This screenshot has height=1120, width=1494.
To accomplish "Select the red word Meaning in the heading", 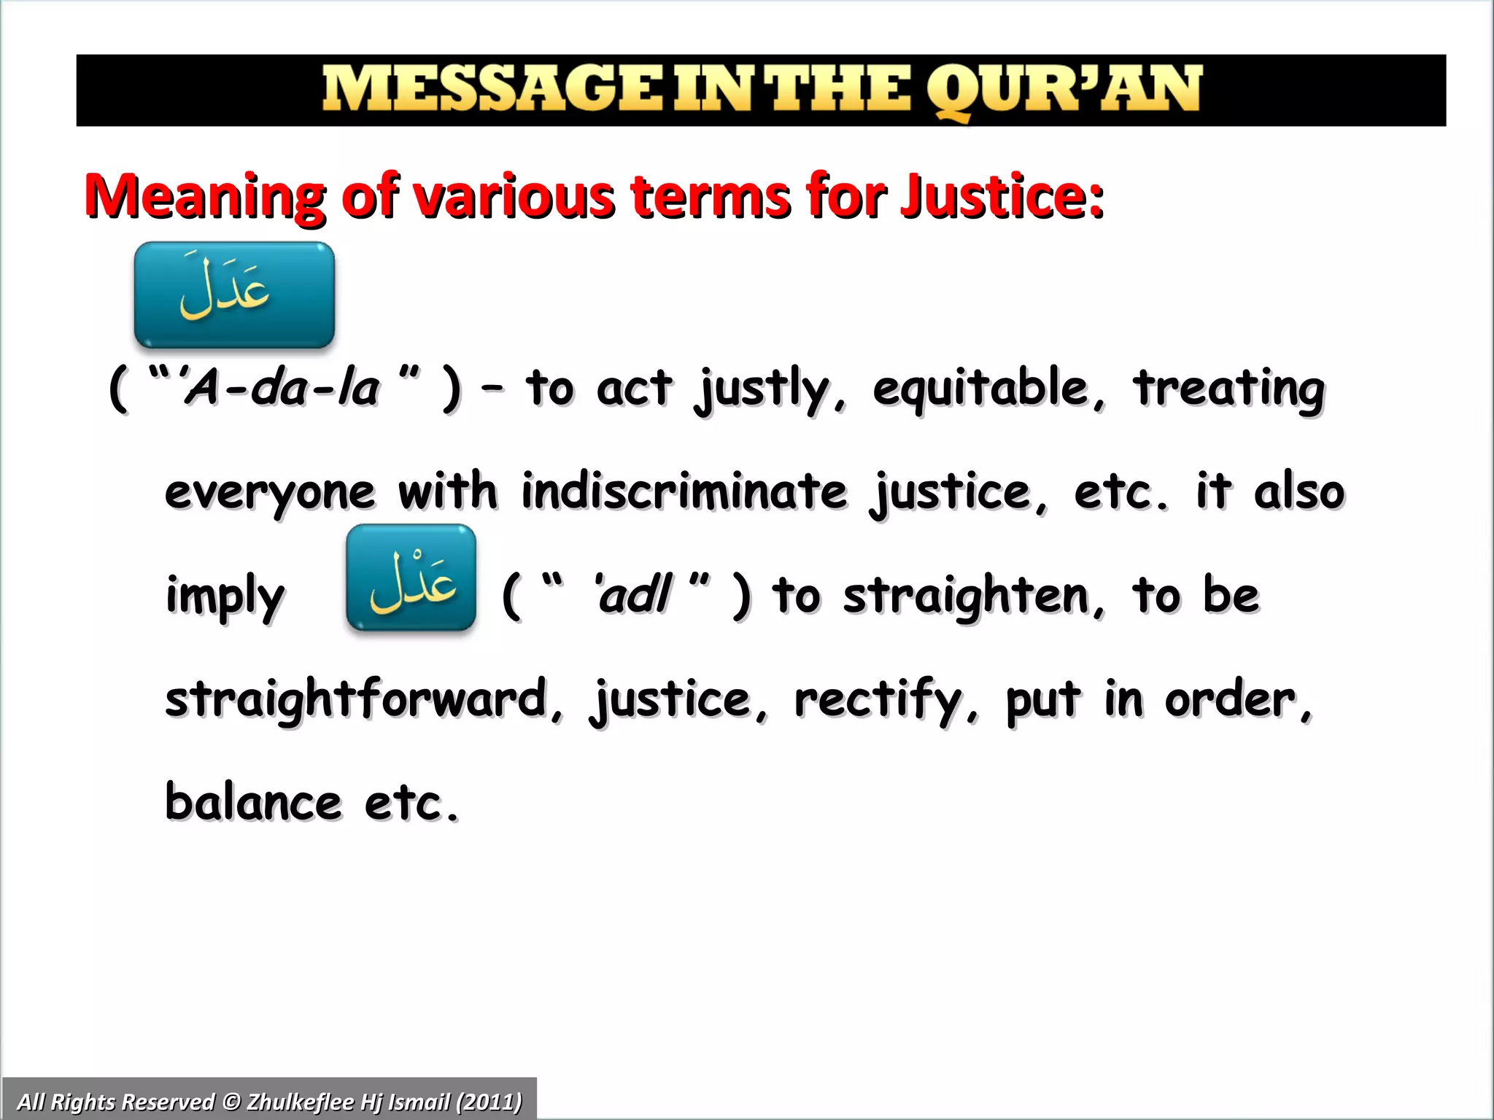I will click(x=205, y=197).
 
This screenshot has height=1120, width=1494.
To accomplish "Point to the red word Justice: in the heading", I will click(x=1002, y=197).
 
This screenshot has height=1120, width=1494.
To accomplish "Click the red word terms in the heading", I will click(x=711, y=197).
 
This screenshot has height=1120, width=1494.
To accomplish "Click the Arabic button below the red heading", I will click(x=234, y=295).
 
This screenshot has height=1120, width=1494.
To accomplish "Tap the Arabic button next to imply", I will click(x=411, y=577).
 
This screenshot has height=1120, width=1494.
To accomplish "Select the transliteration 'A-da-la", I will click(x=281, y=387).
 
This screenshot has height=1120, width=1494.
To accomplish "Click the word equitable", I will click(x=988, y=389).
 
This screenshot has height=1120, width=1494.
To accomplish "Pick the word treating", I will click(x=1228, y=389).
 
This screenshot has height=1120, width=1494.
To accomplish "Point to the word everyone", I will click(x=270, y=493).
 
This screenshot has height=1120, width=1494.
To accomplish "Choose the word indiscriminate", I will click(x=684, y=491).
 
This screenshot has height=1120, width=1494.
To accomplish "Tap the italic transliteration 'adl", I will click(x=633, y=595).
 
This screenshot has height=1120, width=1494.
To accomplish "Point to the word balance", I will click(x=253, y=802).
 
